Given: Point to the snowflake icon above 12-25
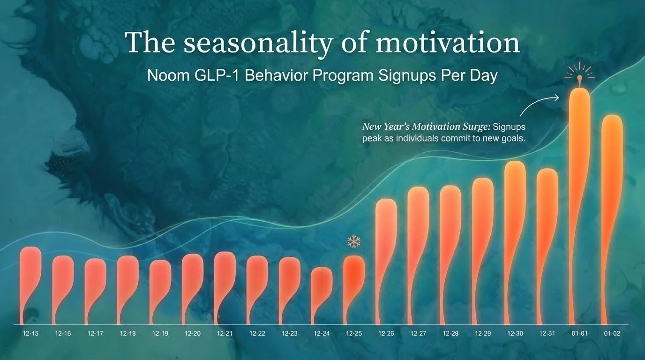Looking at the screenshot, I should tap(353, 242).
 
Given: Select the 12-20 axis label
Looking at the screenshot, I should tap(193, 333).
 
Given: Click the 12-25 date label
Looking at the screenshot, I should tap(354, 333).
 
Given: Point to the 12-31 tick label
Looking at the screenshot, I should tap(547, 333).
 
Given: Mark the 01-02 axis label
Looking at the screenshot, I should tap(612, 333).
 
